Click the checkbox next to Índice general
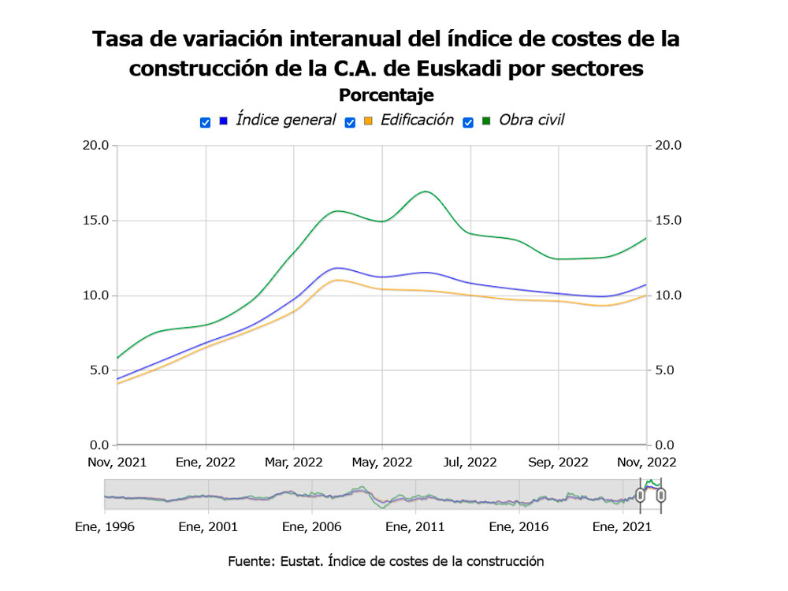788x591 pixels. [206, 122]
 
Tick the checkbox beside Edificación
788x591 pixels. [351, 122]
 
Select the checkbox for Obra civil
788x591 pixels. [468, 122]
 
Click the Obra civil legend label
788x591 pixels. [532, 121]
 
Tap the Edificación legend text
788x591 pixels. [417, 121]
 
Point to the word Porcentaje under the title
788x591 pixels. [386, 95]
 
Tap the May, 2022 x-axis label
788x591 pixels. [381, 462]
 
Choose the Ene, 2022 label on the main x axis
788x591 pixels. [206, 462]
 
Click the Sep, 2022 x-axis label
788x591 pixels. [558, 462]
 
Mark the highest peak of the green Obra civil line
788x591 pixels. [426, 191]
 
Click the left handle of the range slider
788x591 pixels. [640, 496]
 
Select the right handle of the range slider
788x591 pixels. [662, 496]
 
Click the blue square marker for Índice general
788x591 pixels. [223, 121]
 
